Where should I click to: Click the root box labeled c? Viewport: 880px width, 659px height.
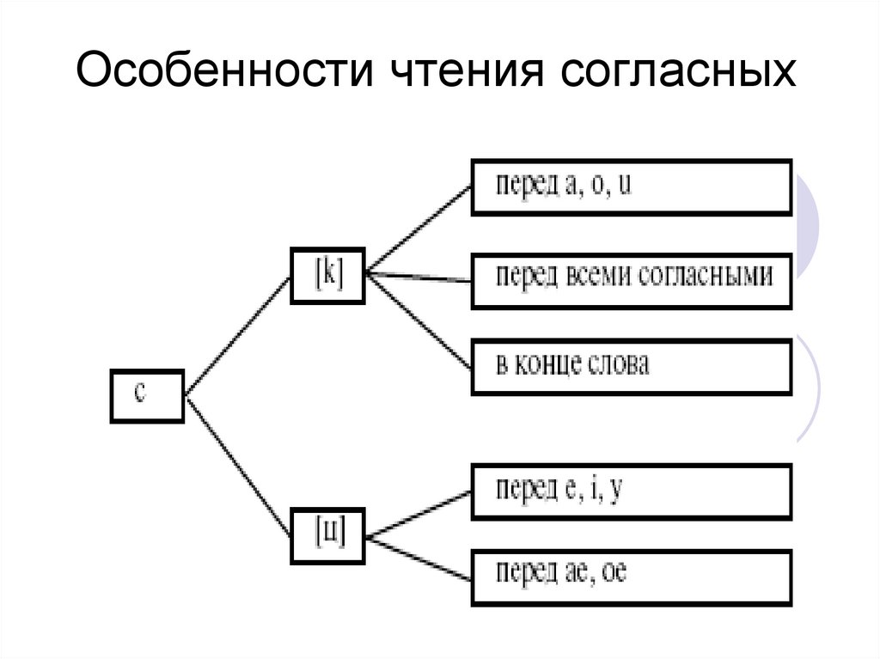(146, 396)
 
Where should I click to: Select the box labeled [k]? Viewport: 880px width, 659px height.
(328, 275)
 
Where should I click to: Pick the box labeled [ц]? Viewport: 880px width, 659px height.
(329, 537)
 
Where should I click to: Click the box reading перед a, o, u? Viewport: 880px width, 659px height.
(631, 186)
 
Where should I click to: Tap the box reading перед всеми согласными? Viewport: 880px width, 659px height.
(631, 279)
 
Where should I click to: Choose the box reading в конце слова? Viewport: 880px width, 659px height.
(631, 366)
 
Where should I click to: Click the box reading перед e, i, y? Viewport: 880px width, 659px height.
(631, 491)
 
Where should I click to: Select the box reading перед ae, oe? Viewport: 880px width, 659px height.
(631, 577)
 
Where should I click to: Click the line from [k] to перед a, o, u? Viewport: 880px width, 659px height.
(419, 229)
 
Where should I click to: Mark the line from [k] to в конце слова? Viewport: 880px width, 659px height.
(419, 321)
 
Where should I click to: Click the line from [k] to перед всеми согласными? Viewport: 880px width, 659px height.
(419, 277)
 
